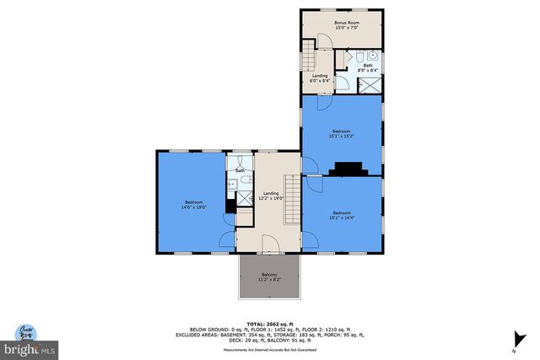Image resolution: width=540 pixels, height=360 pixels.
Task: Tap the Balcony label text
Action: click(270, 277)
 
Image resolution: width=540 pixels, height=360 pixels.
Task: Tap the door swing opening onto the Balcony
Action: click(269, 245)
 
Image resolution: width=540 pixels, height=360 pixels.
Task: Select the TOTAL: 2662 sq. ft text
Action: click(270, 324)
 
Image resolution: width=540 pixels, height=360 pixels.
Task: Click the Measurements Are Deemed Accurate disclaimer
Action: click(270, 349)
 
